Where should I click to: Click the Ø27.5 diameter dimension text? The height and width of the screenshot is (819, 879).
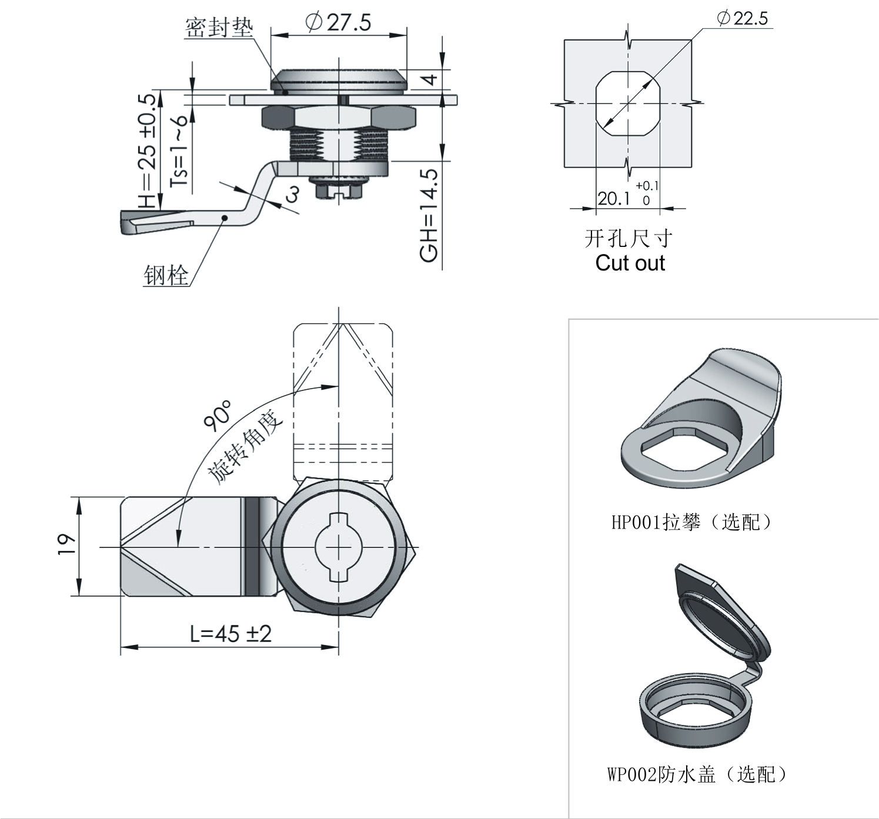point(339,23)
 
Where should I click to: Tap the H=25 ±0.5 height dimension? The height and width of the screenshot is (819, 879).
point(148,151)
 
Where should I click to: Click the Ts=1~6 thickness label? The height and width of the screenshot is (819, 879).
point(179,151)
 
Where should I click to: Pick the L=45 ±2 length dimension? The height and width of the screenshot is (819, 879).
point(230,634)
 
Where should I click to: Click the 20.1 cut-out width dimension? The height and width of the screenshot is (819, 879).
point(614,199)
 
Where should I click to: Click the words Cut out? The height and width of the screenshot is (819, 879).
point(630,263)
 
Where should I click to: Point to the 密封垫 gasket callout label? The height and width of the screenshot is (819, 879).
point(219,28)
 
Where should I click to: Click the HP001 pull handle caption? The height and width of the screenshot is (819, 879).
point(691,522)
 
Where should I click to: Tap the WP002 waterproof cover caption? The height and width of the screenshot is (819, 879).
point(697,774)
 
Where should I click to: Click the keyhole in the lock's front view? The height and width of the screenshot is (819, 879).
point(339,547)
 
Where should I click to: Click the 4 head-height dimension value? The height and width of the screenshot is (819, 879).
point(432,78)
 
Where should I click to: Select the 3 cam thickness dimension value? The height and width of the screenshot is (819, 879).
point(292,193)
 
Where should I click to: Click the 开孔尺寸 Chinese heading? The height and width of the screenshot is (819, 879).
point(629,238)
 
